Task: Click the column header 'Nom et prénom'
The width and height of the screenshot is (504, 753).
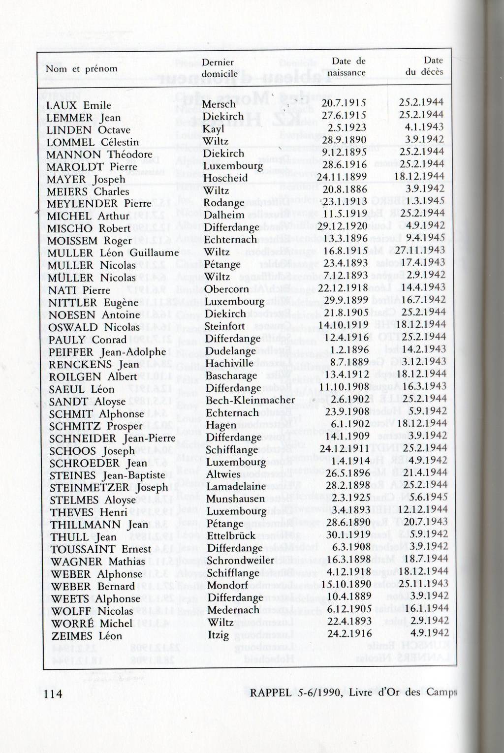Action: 82,69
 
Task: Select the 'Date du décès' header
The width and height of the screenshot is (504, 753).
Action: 425,66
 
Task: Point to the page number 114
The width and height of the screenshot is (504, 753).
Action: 53,693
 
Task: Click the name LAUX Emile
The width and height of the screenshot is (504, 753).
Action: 79,105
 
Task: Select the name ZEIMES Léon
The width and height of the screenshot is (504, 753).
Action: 87,635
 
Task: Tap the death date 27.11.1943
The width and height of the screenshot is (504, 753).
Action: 421,250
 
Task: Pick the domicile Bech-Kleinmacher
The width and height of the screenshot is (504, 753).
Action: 250,400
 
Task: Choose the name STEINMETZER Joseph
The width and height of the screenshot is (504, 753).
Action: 109,487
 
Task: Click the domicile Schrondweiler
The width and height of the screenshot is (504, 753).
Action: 240,560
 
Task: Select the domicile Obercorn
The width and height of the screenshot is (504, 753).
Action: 226,289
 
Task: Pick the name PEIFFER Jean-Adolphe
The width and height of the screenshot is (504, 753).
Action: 107,352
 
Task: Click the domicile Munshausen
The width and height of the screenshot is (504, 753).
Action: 236,499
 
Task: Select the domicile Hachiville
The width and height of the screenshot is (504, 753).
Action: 229,363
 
